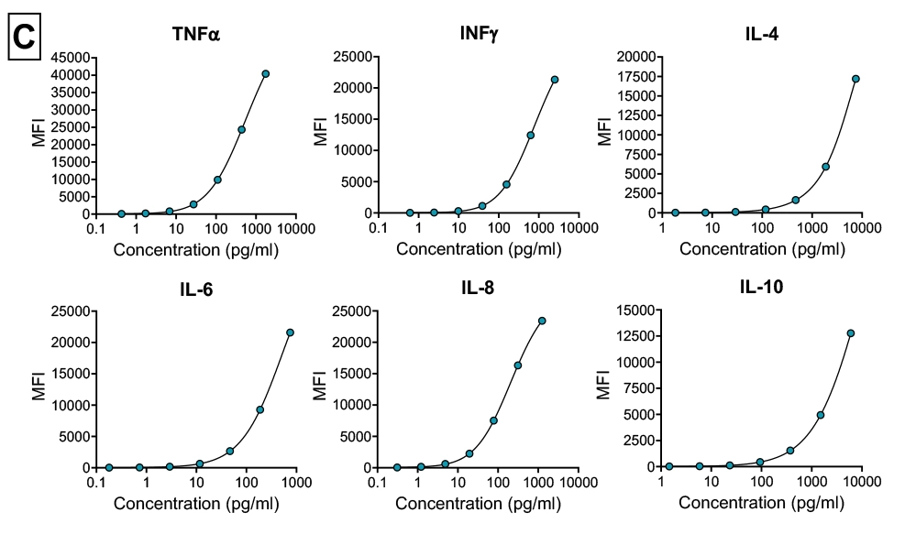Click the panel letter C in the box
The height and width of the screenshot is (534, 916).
coord(25,38)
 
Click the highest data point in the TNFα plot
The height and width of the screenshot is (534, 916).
coord(266,73)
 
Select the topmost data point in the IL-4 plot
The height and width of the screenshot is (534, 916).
coord(855,79)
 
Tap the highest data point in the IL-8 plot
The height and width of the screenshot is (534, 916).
coord(542,321)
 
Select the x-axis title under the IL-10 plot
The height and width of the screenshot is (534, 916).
coord(761,503)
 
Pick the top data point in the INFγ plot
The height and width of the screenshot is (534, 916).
coord(555,80)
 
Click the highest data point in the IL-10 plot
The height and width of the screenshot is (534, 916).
coord(851,333)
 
